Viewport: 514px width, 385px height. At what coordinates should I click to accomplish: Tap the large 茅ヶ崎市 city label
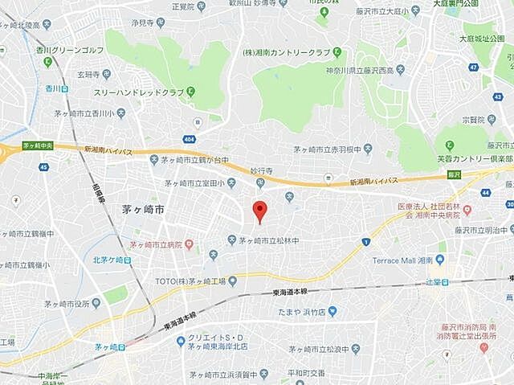pyautogui.click(x=143, y=210)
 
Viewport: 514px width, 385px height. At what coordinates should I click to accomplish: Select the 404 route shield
pyautogui.click(x=198, y=121)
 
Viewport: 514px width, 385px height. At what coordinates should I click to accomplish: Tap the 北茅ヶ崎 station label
pyautogui.click(x=108, y=260)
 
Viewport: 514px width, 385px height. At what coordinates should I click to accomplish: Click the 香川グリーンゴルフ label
pyautogui.click(x=70, y=50)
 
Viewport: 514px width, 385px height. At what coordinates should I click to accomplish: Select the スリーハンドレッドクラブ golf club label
pyautogui.click(x=138, y=92)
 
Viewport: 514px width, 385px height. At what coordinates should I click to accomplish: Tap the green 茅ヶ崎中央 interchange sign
pyautogui.click(x=37, y=146)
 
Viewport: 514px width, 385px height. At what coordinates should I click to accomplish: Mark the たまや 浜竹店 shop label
pyautogui.click(x=302, y=312)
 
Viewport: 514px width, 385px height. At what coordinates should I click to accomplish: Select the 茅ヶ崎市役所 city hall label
pyautogui.click(x=73, y=304)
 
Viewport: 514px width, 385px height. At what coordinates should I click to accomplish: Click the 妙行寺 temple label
pyautogui.click(x=262, y=171)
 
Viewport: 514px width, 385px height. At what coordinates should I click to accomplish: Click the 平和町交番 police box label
pyautogui.click(x=307, y=373)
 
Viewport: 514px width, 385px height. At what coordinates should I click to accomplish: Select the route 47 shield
pyautogui.click(x=474, y=67)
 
